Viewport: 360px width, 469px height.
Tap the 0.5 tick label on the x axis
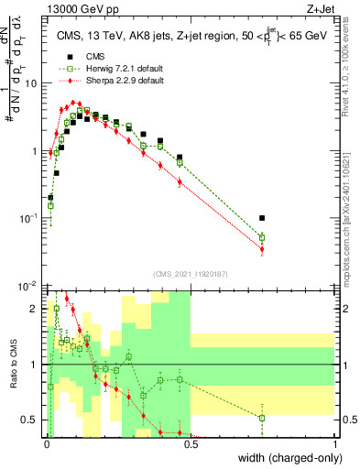click(x=191, y=444)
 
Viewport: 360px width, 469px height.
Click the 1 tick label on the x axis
click(x=335, y=444)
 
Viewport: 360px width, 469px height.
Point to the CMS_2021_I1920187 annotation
click(x=190, y=273)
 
